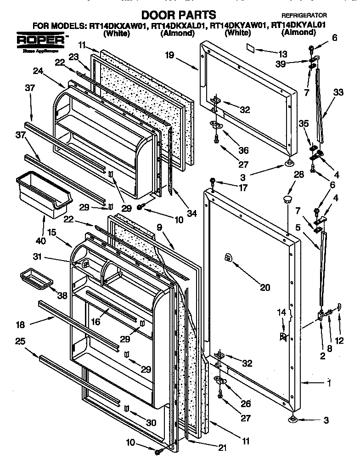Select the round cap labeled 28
point(287,199)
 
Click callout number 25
point(20,341)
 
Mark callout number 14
point(282,312)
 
